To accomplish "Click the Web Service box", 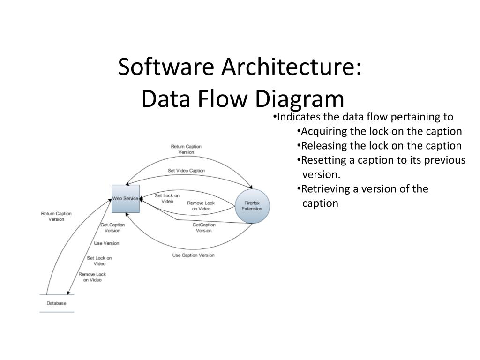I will (125, 199).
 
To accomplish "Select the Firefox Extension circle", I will (252, 206).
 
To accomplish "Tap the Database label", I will (56, 303).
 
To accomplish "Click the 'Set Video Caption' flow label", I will (186, 171).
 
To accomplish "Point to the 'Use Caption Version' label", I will (193, 255).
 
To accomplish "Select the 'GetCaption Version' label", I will (204, 228).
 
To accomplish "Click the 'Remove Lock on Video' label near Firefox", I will (201, 206).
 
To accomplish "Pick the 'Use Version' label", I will (106, 243).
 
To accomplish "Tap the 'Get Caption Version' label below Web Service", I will (112, 228).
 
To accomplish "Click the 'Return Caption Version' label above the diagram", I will (186, 149).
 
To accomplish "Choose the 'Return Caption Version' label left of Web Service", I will (56, 217).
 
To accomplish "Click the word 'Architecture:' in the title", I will (291, 67).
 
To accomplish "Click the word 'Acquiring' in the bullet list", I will (322, 131).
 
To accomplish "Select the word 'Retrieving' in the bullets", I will (324, 189).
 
